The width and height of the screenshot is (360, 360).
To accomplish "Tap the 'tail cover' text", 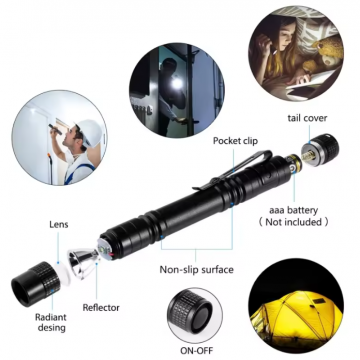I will tap(307, 118).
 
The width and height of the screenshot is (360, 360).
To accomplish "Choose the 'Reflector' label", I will tap(102, 308).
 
